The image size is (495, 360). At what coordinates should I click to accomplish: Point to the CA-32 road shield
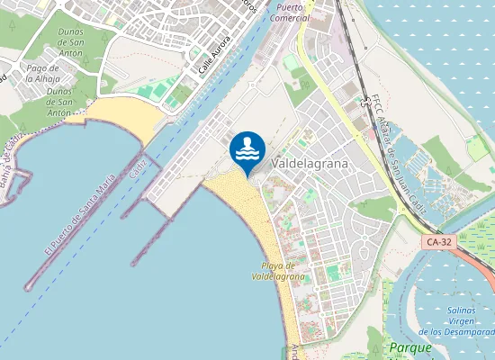pyautogui.click(x=438, y=242)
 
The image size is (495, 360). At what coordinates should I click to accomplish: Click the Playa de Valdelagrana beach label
pyautogui.click(x=278, y=271)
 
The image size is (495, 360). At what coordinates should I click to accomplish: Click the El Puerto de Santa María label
pyautogui.click(x=79, y=215)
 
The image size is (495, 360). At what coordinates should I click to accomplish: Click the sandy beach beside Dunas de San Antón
pyautogui.click(x=121, y=116)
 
